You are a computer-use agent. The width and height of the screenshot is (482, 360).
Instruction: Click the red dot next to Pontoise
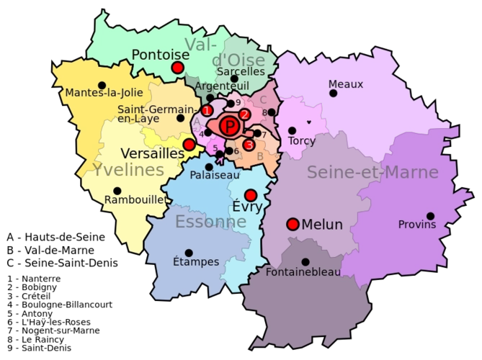pos(177,68)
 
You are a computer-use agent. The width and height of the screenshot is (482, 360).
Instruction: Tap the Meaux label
pos(345,84)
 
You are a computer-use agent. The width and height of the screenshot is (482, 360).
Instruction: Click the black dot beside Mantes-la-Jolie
pos(102,84)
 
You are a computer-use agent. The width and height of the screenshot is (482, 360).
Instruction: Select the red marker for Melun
pos(293,224)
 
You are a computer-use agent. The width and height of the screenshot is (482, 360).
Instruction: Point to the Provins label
pos(417,225)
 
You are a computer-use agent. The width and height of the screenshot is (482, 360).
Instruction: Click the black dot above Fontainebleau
pos(305,262)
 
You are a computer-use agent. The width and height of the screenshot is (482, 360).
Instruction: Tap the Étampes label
pos(196,262)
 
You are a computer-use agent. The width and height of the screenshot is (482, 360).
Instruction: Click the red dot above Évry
pos(251,195)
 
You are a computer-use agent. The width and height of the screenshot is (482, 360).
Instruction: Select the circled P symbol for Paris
pos(230,127)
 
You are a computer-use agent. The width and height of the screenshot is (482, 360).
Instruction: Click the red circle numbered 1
pos(207,111)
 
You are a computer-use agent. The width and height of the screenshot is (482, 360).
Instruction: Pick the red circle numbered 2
pos(245,114)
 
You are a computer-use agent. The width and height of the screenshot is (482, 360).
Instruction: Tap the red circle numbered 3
pos(249,145)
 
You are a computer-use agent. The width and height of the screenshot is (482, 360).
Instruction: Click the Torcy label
pos(301,140)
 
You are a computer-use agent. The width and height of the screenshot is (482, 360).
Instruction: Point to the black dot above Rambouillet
pos(117,191)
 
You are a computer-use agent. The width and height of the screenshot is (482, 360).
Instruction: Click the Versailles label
pos(152,153)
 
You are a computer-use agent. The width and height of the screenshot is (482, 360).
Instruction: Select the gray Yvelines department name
pos(128,170)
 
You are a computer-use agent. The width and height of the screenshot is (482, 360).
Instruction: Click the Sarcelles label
pos(241,71)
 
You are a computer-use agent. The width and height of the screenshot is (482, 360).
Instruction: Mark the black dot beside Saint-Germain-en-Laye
pos(180,118)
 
